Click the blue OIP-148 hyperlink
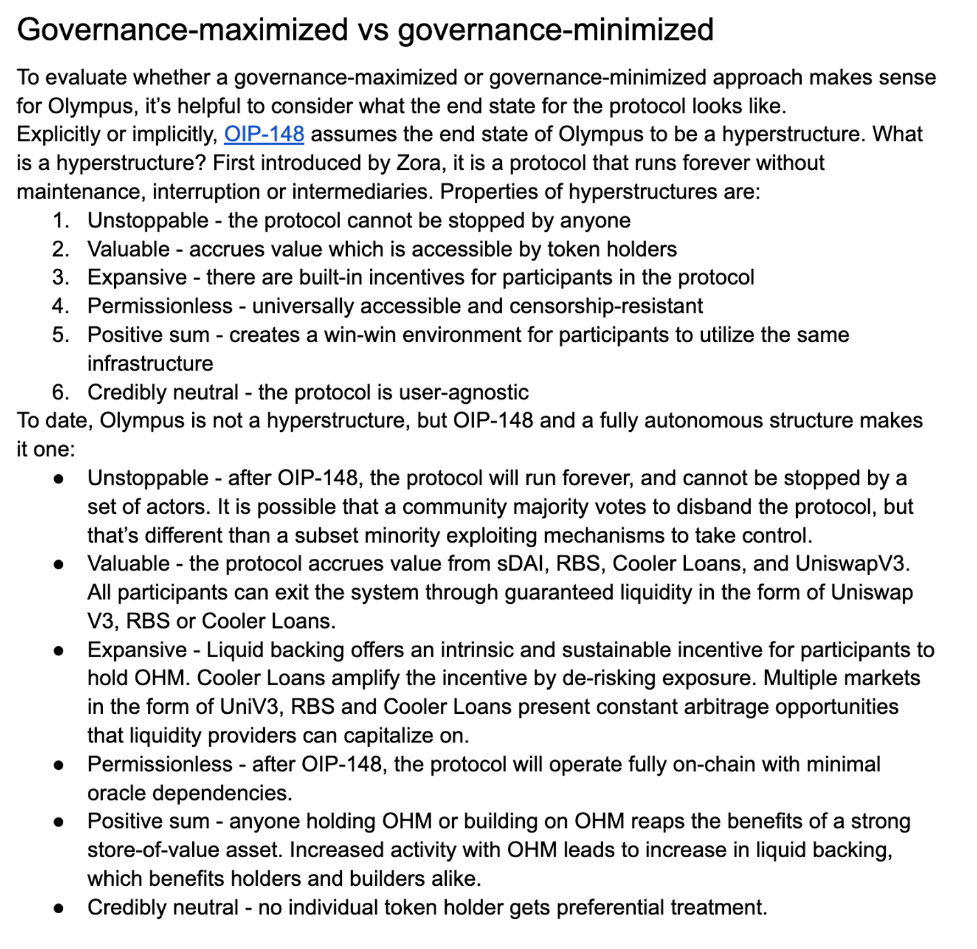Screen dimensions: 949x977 click(x=264, y=134)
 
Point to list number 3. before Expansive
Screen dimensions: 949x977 click(x=61, y=277)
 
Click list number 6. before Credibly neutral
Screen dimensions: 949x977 click(x=61, y=392)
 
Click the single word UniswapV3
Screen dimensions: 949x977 click(x=852, y=563)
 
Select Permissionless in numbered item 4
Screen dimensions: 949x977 click(x=160, y=306)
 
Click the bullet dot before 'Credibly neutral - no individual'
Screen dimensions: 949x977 click(x=59, y=908)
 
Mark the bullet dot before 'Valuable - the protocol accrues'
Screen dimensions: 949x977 click(x=59, y=564)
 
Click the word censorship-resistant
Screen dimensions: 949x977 click(x=606, y=306)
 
